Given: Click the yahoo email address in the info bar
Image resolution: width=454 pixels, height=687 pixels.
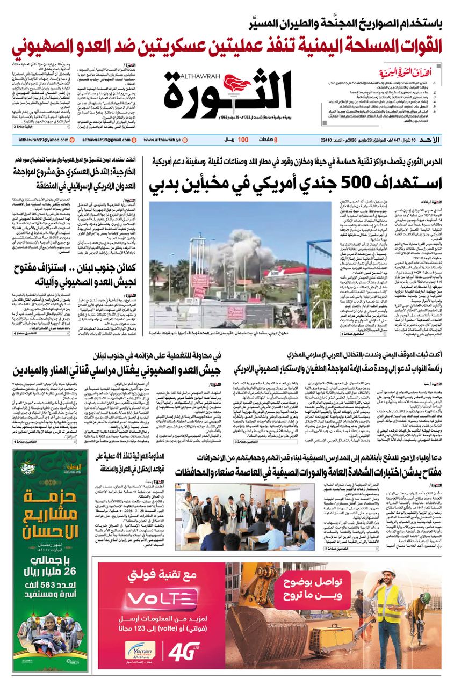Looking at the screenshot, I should pos(40,140).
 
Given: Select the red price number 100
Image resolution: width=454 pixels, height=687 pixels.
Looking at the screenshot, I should pos(243,140).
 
